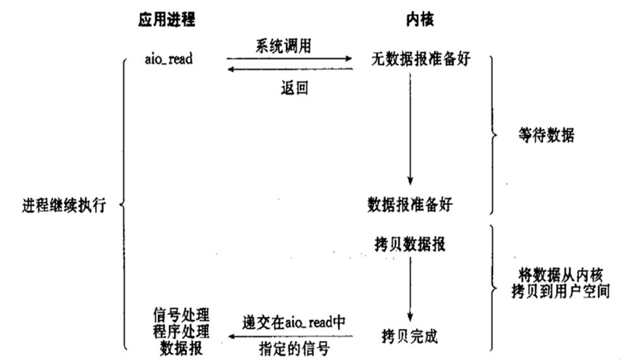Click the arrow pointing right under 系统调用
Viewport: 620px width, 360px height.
tap(289, 58)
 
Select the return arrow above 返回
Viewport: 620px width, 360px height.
tap(289, 70)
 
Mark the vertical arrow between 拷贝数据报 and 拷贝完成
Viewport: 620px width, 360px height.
tap(410, 289)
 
